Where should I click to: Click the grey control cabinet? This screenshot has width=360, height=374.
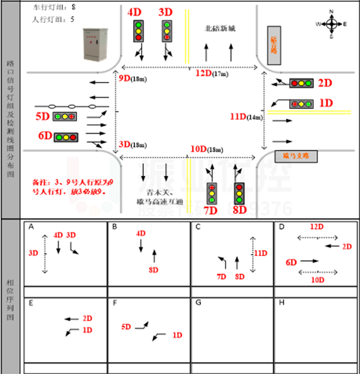pyautogui.click(x=95, y=44)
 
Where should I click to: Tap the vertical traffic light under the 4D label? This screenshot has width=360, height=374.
pyautogui.click(x=139, y=31)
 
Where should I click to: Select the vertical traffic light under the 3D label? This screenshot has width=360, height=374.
pyautogui.click(x=167, y=31)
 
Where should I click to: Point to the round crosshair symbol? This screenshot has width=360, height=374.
pyautogui.click(x=331, y=24)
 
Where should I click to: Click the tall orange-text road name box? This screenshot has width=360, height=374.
pyautogui.click(x=274, y=46)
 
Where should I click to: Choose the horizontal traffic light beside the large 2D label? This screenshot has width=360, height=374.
pyautogui.click(x=301, y=83)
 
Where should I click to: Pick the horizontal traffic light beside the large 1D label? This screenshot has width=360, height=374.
pyautogui.click(x=301, y=104)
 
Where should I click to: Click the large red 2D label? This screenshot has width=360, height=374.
pyautogui.click(x=325, y=83)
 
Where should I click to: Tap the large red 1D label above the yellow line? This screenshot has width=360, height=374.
pyautogui.click(x=326, y=103)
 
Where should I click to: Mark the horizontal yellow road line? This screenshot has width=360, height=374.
pyautogui.click(x=309, y=112)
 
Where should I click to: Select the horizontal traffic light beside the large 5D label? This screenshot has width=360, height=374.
pyautogui.click(x=64, y=116)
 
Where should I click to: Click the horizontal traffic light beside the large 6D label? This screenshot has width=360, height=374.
pyautogui.click(x=66, y=137)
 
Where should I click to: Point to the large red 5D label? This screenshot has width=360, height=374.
pyautogui.click(x=42, y=116)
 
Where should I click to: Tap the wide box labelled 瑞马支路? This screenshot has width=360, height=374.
pyautogui.click(x=296, y=156)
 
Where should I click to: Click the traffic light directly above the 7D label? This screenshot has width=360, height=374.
pyautogui.click(x=212, y=194)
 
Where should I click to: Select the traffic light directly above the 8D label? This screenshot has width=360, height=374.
pyautogui.click(x=239, y=194)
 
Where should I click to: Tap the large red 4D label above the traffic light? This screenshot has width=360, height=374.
pyautogui.click(x=134, y=13)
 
